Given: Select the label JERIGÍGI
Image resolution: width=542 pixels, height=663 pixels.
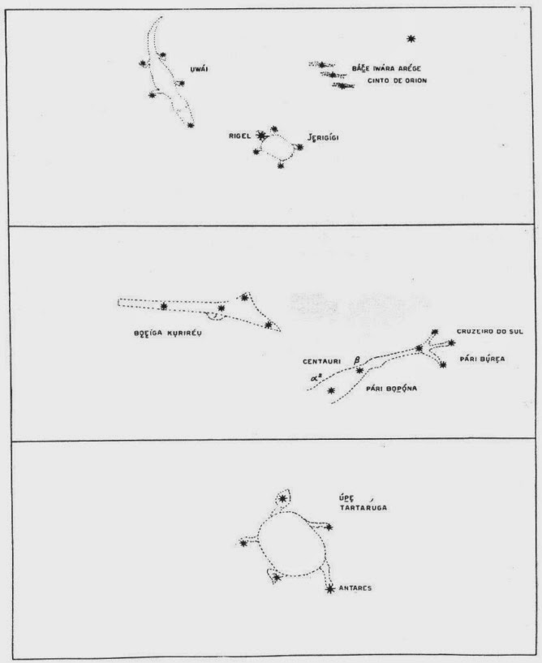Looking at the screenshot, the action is coord(322,136).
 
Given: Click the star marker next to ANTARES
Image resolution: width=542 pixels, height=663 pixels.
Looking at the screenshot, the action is coord(329,588).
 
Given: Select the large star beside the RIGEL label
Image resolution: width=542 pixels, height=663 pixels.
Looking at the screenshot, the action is coord(260,136).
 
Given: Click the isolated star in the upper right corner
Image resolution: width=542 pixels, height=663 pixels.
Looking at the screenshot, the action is coord(411,38).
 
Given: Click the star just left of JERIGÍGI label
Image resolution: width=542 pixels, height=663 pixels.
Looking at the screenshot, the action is coord(299,147).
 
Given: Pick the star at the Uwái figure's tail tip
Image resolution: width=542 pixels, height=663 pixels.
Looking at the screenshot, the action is coord(190,125).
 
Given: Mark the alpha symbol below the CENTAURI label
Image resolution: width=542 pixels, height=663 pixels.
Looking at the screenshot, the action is coord(315,376).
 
